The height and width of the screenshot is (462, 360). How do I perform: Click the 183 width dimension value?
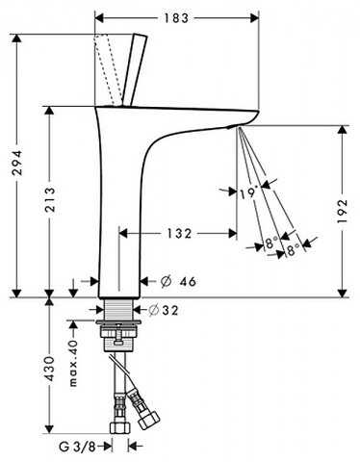(176, 18)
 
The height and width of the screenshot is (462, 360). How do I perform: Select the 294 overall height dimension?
(17, 163)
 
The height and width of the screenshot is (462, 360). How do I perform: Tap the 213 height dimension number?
(50, 200)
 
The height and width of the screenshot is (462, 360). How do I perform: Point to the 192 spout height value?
(343, 211)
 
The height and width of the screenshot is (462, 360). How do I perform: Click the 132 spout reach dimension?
(179, 233)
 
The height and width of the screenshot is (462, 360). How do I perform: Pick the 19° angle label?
(248, 192)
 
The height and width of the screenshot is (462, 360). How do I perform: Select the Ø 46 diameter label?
(178, 281)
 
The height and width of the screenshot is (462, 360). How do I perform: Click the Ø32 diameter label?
(164, 310)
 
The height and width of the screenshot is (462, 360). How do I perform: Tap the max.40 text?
(73, 363)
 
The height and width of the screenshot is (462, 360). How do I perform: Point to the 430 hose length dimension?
(50, 369)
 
